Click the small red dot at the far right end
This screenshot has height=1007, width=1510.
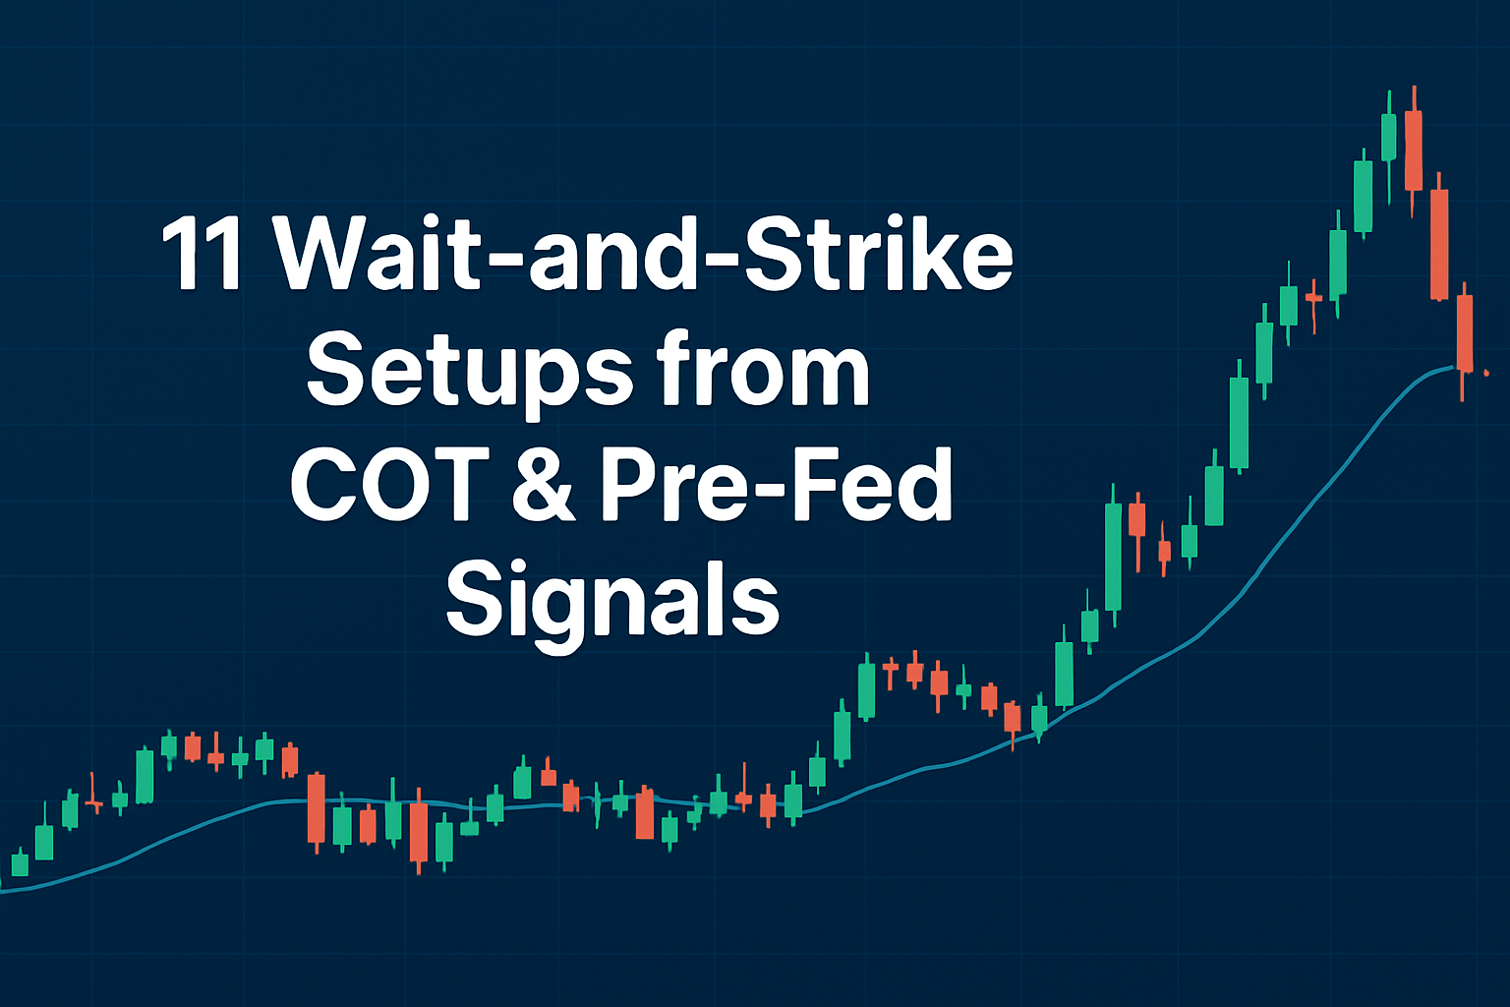click(1486, 373)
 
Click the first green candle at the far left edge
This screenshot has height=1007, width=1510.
click(21, 863)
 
